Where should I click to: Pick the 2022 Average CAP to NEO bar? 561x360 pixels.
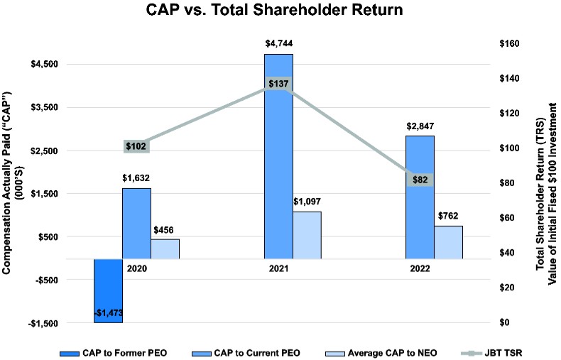click(x=448, y=241)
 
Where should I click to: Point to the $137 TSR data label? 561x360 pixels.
click(x=278, y=84)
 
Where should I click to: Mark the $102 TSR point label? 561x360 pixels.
click(x=136, y=146)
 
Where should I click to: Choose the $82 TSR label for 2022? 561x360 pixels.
click(x=420, y=180)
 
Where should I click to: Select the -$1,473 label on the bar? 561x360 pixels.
click(x=109, y=313)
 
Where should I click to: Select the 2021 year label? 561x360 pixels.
click(x=278, y=270)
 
